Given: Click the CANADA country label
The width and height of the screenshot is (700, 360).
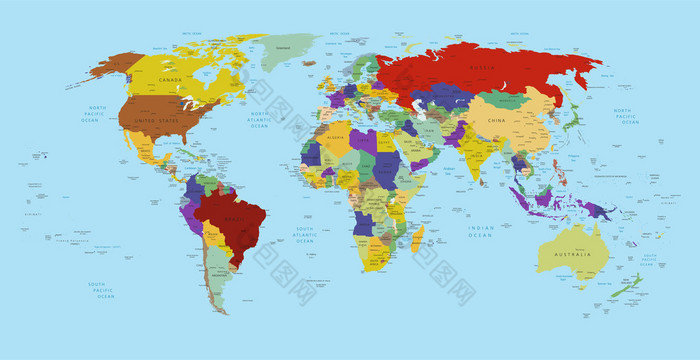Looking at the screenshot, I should [x=170, y=80].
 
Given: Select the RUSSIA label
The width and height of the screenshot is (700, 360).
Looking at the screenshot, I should [x=482, y=68].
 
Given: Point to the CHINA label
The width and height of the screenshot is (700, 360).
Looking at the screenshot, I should [x=497, y=120].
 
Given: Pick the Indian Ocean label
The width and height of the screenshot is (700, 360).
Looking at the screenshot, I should [x=481, y=231].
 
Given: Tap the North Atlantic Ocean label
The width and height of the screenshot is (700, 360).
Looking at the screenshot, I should [x=260, y=120].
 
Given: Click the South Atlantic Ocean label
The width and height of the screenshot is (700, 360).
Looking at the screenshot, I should [x=305, y=236].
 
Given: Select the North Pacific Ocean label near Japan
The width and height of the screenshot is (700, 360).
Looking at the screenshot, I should [x=623, y=118].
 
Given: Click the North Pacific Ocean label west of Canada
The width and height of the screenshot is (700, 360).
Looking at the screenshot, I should [x=97, y=114].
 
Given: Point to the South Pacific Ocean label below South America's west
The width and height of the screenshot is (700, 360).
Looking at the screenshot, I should [x=101, y=290].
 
